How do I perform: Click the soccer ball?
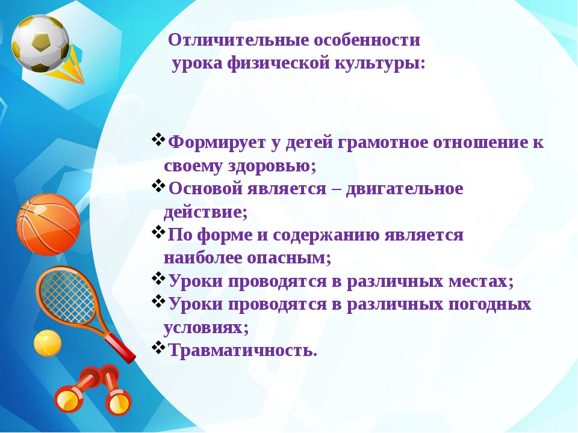[x=40, y=43]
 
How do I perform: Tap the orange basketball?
[x=48, y=224]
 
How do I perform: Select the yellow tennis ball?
[x=48, y=343]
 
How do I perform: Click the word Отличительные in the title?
[x=238, y=40]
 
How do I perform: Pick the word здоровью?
[x=272, y=166]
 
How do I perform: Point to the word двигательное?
[x=405, y=189]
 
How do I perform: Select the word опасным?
[x=289, y=258]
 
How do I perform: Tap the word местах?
[x=480, y=281]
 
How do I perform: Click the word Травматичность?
[x=243, y=350]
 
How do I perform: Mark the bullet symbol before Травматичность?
[x=159, y=347]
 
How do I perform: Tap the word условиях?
[x=206, y=327]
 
